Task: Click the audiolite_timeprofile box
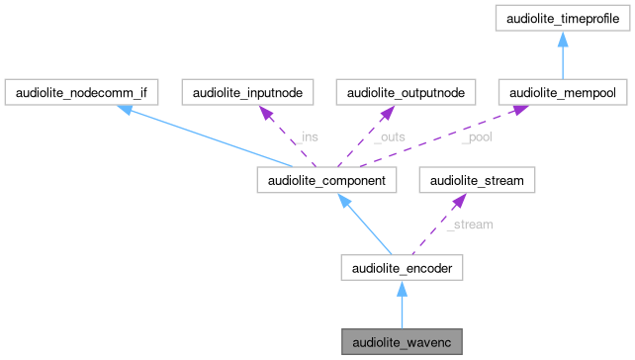tap(561, 18)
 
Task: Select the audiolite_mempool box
tap(561, 93)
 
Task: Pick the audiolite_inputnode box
tap(247, 93)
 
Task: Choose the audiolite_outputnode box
tap(406, 93)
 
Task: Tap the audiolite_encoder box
tap(401, 267)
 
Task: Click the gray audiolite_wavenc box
tap(401, 342)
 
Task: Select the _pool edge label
tap(476, 137)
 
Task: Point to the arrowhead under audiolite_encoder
tap(401, 286)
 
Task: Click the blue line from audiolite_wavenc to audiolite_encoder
tap(401, 311)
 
